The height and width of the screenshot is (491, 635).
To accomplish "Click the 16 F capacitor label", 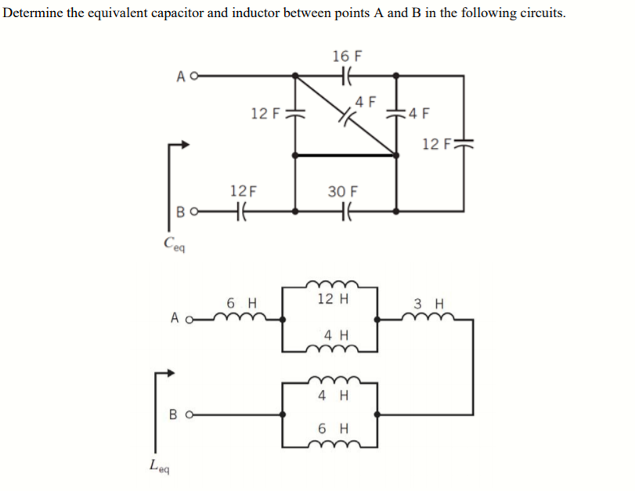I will (x=347, y=56).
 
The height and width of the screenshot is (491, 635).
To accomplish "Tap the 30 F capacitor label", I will (x=343, y=191).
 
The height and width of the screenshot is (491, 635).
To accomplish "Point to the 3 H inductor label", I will (x=428, y=303).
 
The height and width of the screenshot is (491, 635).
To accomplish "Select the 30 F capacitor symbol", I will (x=345, y=211).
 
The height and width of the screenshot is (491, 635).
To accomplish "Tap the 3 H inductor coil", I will (x=429, y=317).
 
